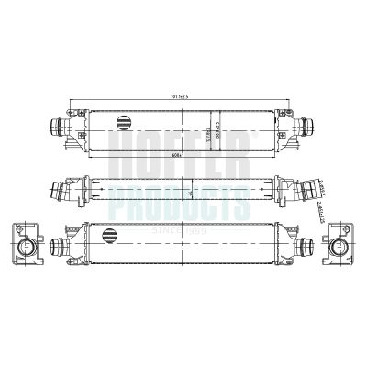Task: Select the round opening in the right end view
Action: point(339,247)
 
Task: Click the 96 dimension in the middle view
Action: point(188,195)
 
